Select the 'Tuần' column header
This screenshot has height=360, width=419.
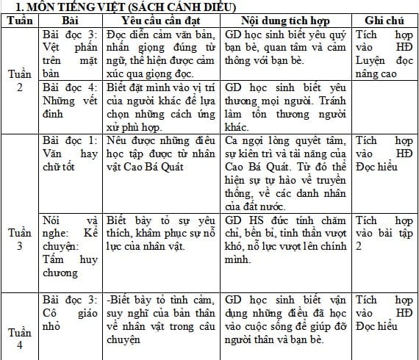pos(19,21)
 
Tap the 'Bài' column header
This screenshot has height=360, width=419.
pos(71,21)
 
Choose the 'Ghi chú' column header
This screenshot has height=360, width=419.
pos(382,21)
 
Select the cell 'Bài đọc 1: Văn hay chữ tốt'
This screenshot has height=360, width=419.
pos(71,154)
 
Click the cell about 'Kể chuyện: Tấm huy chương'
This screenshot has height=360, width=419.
pos(71,247)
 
